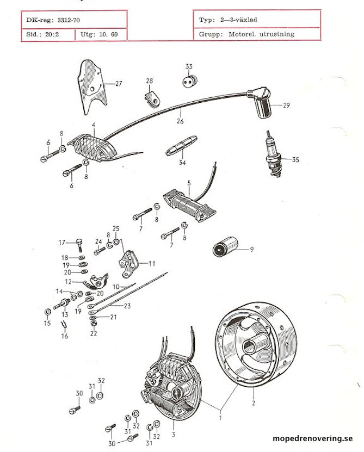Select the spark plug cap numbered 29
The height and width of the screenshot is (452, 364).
coord(260,102)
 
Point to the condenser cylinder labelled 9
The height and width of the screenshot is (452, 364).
coord(225,246)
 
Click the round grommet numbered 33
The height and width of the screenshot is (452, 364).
coord(189,82)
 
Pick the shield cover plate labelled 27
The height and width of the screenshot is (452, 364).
coord(92,86)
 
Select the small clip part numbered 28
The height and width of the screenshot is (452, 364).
coord(152,99)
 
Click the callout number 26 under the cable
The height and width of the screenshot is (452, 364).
coord(180,121)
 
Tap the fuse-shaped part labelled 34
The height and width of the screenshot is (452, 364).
coord(181,146)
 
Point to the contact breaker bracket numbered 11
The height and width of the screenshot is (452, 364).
coord(128,264)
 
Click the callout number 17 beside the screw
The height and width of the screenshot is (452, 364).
coord(62,243)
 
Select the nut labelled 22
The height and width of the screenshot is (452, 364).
coord(93,324)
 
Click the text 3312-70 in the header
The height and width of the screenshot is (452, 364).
coord(69,20)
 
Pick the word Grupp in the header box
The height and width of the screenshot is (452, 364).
coord(211,34)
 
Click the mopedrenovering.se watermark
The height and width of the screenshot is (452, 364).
coord(312,438)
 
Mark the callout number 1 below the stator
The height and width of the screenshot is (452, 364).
coord(221,417)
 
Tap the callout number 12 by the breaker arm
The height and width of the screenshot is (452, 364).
coord(68,281)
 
